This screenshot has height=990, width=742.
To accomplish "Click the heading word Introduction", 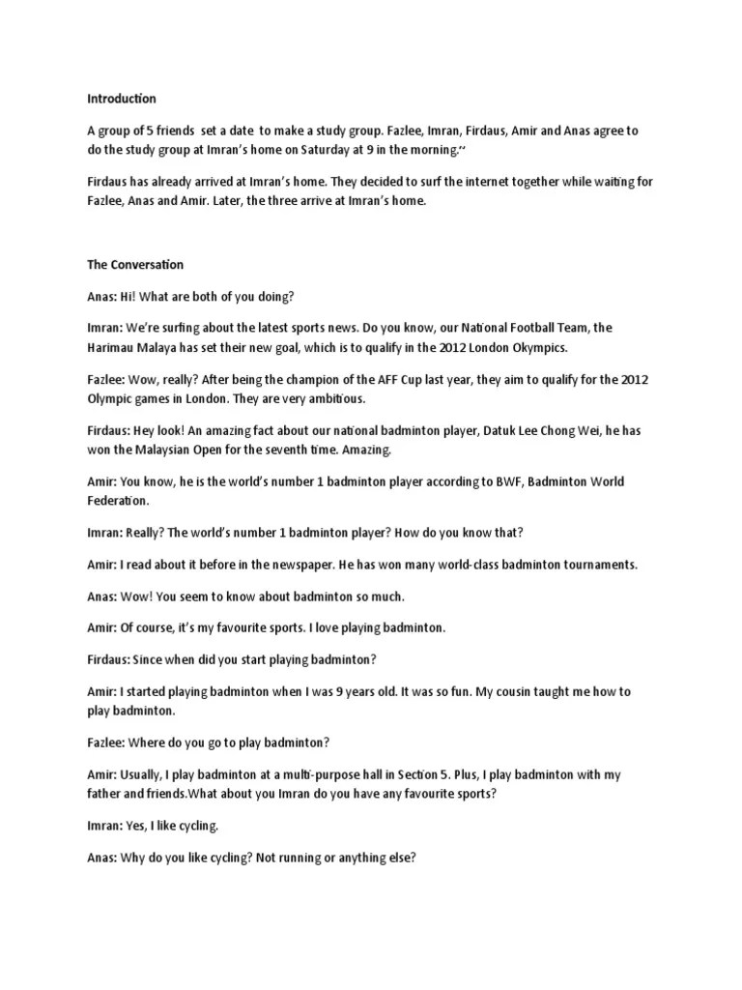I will click(x=122, y=99).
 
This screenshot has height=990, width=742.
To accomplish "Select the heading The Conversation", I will click(x=135, y=264).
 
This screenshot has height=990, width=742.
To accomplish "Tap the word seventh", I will click(x=297, y=450).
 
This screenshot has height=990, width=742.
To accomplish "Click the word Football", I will click(x=513, y=329).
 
